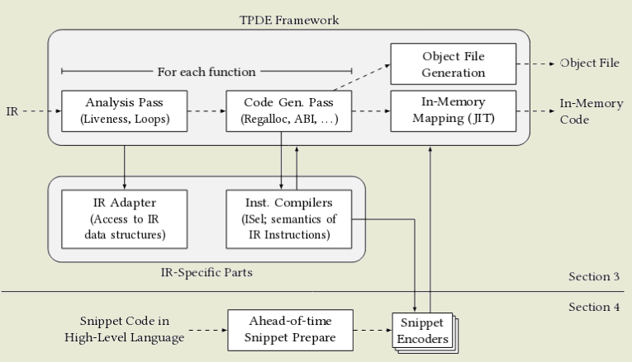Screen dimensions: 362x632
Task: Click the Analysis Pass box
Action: click(125, 111)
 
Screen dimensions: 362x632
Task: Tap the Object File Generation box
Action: click(453, 63)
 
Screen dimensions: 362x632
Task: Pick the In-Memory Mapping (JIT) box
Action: click(453, 111)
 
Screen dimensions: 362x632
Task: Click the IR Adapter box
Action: click(125, 219)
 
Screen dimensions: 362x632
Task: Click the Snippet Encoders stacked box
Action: click(422, 331)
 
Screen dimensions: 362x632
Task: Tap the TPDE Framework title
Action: click(288, 17)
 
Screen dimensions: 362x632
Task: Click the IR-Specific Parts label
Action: click(207, 270)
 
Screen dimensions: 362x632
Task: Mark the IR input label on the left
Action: click(12, 110)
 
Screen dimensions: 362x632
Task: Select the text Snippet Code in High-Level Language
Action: click(124, 329)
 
